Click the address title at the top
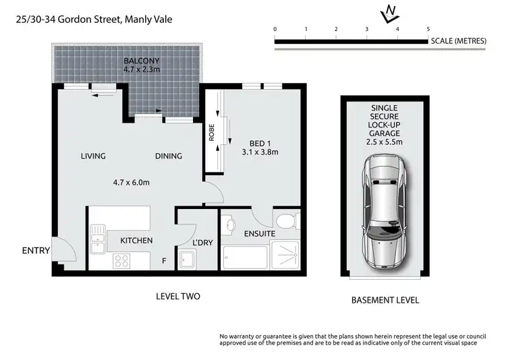coord(94,20)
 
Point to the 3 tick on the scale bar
coord(366,29)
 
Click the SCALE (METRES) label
coord(458,41)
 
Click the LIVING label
coord(93,156)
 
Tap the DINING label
coord(169,156)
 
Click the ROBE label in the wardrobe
coord(211,136)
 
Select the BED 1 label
coord(256,142)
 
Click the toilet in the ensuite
coord(285,220)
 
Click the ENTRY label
coord(36,251)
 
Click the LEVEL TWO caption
coord(177,297)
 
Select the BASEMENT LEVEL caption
coord(385,300)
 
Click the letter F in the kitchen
coord(164,258)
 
